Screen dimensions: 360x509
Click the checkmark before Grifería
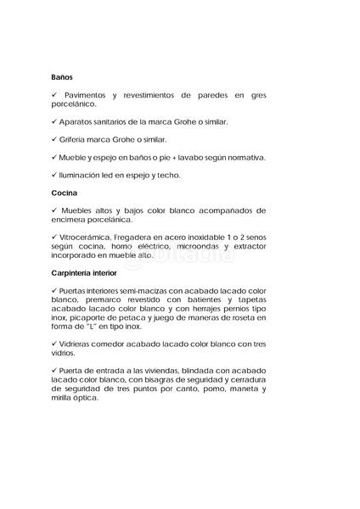pyautogui.click(x=54, y=139)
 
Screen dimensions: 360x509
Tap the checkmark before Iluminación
pyautogui.click(x=54, y=175)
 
